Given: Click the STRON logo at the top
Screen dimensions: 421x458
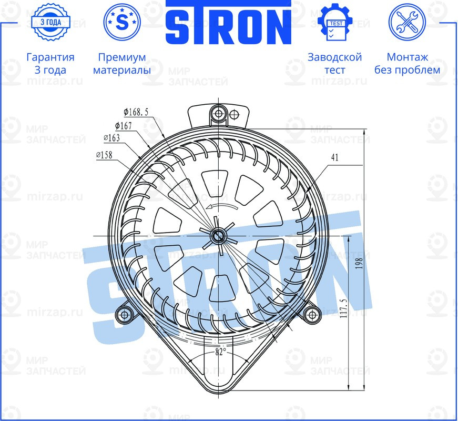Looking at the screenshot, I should pos(229,23).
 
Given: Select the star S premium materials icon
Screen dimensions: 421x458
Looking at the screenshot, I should pos(121,22).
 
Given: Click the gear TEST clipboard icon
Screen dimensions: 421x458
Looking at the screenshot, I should pos(334,23).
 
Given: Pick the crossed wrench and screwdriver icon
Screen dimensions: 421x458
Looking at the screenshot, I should pos(406,22).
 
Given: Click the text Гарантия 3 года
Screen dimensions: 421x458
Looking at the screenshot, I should pos(50,63).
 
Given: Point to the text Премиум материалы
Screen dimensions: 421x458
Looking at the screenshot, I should pos(121,63).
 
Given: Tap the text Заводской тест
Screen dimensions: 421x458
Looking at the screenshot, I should pos(334,63).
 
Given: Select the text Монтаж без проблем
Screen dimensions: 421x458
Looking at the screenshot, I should pos(407,63).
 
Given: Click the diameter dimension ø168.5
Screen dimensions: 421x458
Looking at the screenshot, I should pos(136,112).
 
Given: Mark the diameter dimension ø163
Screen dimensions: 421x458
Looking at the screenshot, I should pos(111,138).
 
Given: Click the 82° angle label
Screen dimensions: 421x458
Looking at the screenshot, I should pos(220,351).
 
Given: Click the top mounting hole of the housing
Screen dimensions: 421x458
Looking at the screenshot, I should pos(218,113).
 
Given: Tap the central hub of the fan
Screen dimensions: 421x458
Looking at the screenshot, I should pos(217,235).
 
